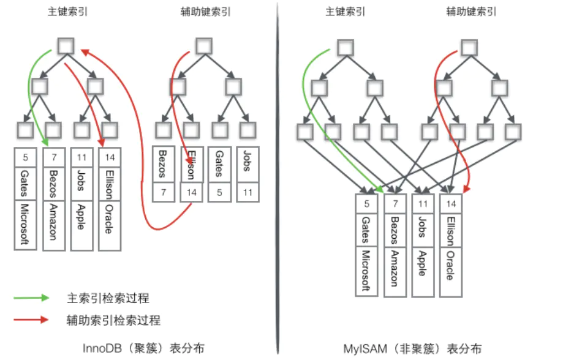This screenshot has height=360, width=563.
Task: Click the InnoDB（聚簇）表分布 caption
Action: [x=143, y=348]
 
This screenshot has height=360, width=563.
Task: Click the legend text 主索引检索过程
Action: [x=108, y=298]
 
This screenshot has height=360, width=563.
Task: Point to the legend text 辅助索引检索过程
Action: [x=113, y=320]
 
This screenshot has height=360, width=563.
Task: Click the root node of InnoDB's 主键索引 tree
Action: [x=66, y=45]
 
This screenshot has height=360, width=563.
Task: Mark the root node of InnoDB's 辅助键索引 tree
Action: [x=204, y=45]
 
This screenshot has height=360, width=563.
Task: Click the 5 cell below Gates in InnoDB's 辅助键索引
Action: [x=218, y=193]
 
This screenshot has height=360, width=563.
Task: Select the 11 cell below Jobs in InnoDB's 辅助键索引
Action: [x=247, y=193]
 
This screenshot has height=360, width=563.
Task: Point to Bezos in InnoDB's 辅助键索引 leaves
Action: [x=162, y=164]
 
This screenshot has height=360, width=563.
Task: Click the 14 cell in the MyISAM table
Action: [x=450, y=204]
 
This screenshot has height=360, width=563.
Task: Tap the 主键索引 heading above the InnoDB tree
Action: [x=66, y=12]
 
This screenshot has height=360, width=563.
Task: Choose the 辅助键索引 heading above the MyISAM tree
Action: [x=471, y=12]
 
